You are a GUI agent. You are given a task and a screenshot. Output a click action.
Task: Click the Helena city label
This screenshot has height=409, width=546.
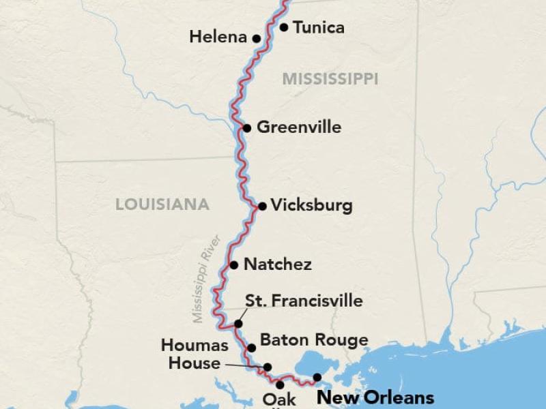218,37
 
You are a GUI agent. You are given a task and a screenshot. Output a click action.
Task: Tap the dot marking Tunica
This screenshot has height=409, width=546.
284,27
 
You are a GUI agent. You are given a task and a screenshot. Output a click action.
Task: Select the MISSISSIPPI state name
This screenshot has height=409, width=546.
330,79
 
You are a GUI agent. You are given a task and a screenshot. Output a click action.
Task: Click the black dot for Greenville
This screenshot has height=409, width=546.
247,127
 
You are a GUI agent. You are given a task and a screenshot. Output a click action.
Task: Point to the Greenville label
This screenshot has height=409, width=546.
299,127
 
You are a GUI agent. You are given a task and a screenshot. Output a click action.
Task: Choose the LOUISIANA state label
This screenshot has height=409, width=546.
162,204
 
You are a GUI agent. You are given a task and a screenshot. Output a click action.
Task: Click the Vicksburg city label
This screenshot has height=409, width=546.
311,205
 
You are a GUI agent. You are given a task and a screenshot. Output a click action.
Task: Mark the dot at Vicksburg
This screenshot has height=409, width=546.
262,206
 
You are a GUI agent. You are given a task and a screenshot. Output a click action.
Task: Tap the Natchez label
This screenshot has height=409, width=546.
278,264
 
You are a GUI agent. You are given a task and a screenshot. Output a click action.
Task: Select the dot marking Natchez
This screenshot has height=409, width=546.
234,264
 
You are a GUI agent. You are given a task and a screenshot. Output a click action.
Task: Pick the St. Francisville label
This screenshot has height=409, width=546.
304,301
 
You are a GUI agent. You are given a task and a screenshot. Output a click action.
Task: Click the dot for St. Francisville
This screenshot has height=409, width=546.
239,324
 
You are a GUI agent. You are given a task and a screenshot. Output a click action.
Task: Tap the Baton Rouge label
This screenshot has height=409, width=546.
314,339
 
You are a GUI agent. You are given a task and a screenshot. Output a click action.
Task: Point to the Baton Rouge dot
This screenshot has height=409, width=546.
251,348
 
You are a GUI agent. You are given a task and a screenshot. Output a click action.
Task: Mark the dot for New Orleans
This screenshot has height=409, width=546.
317,377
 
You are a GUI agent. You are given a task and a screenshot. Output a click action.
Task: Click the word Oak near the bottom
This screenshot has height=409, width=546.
279,400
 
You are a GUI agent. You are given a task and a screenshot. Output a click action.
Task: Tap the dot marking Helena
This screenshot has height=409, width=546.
257,39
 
